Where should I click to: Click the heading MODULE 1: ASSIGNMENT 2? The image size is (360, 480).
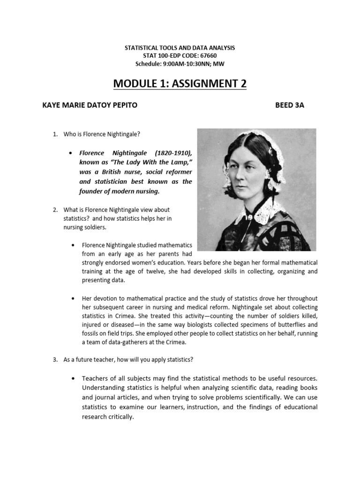point(180,83)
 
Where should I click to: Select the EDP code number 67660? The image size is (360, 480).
point(207,56)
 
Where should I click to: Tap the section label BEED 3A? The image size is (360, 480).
point(290,105)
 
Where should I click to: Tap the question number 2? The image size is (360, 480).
point(55,210)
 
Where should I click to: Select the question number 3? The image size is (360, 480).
point(55,360)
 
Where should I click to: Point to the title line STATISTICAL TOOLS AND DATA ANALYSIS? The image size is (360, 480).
point(180,48)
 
